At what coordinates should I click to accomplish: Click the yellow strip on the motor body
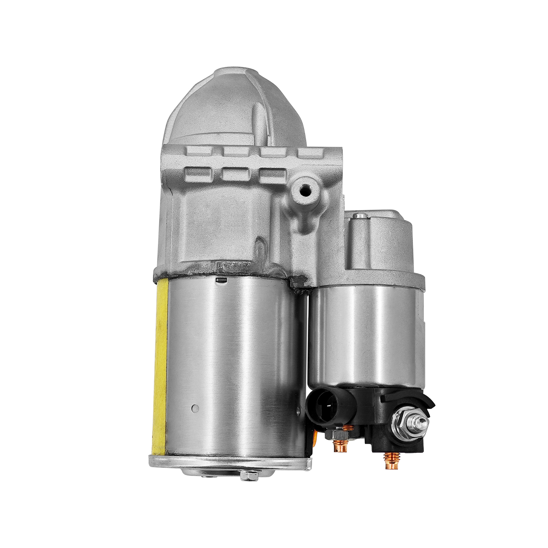point(160,365)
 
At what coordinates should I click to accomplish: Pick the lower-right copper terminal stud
point(388,462)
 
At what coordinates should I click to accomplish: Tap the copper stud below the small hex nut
point(340,446)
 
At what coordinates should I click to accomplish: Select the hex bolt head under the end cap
point(249,476)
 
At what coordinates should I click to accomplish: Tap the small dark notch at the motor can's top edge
point(221,280)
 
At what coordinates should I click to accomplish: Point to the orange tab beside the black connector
point(314,437)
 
